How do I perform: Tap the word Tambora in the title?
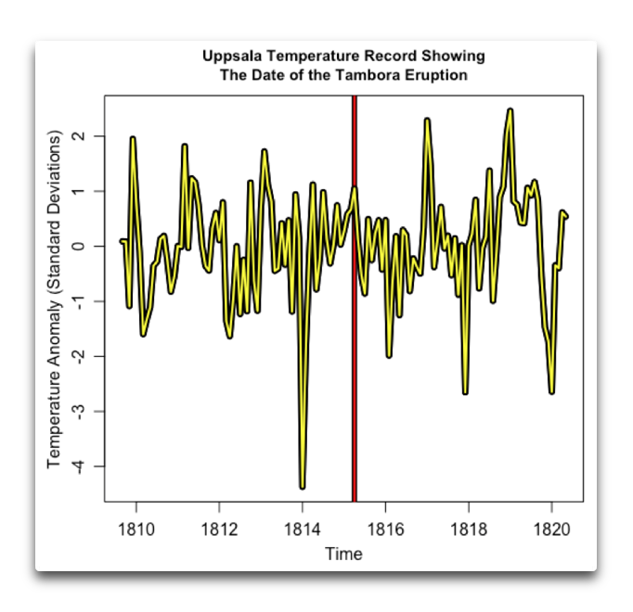pos(362,74)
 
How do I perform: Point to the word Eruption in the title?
pos(431,74)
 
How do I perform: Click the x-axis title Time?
pos(343,555)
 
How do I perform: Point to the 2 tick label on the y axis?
pos(78,136)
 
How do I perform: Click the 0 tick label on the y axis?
pos(78,246)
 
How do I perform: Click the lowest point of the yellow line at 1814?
pos(303,486)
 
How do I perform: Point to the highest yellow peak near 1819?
pos(510,110)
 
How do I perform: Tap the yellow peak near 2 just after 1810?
pos(133,138)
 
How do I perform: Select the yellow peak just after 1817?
pos(427,120)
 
